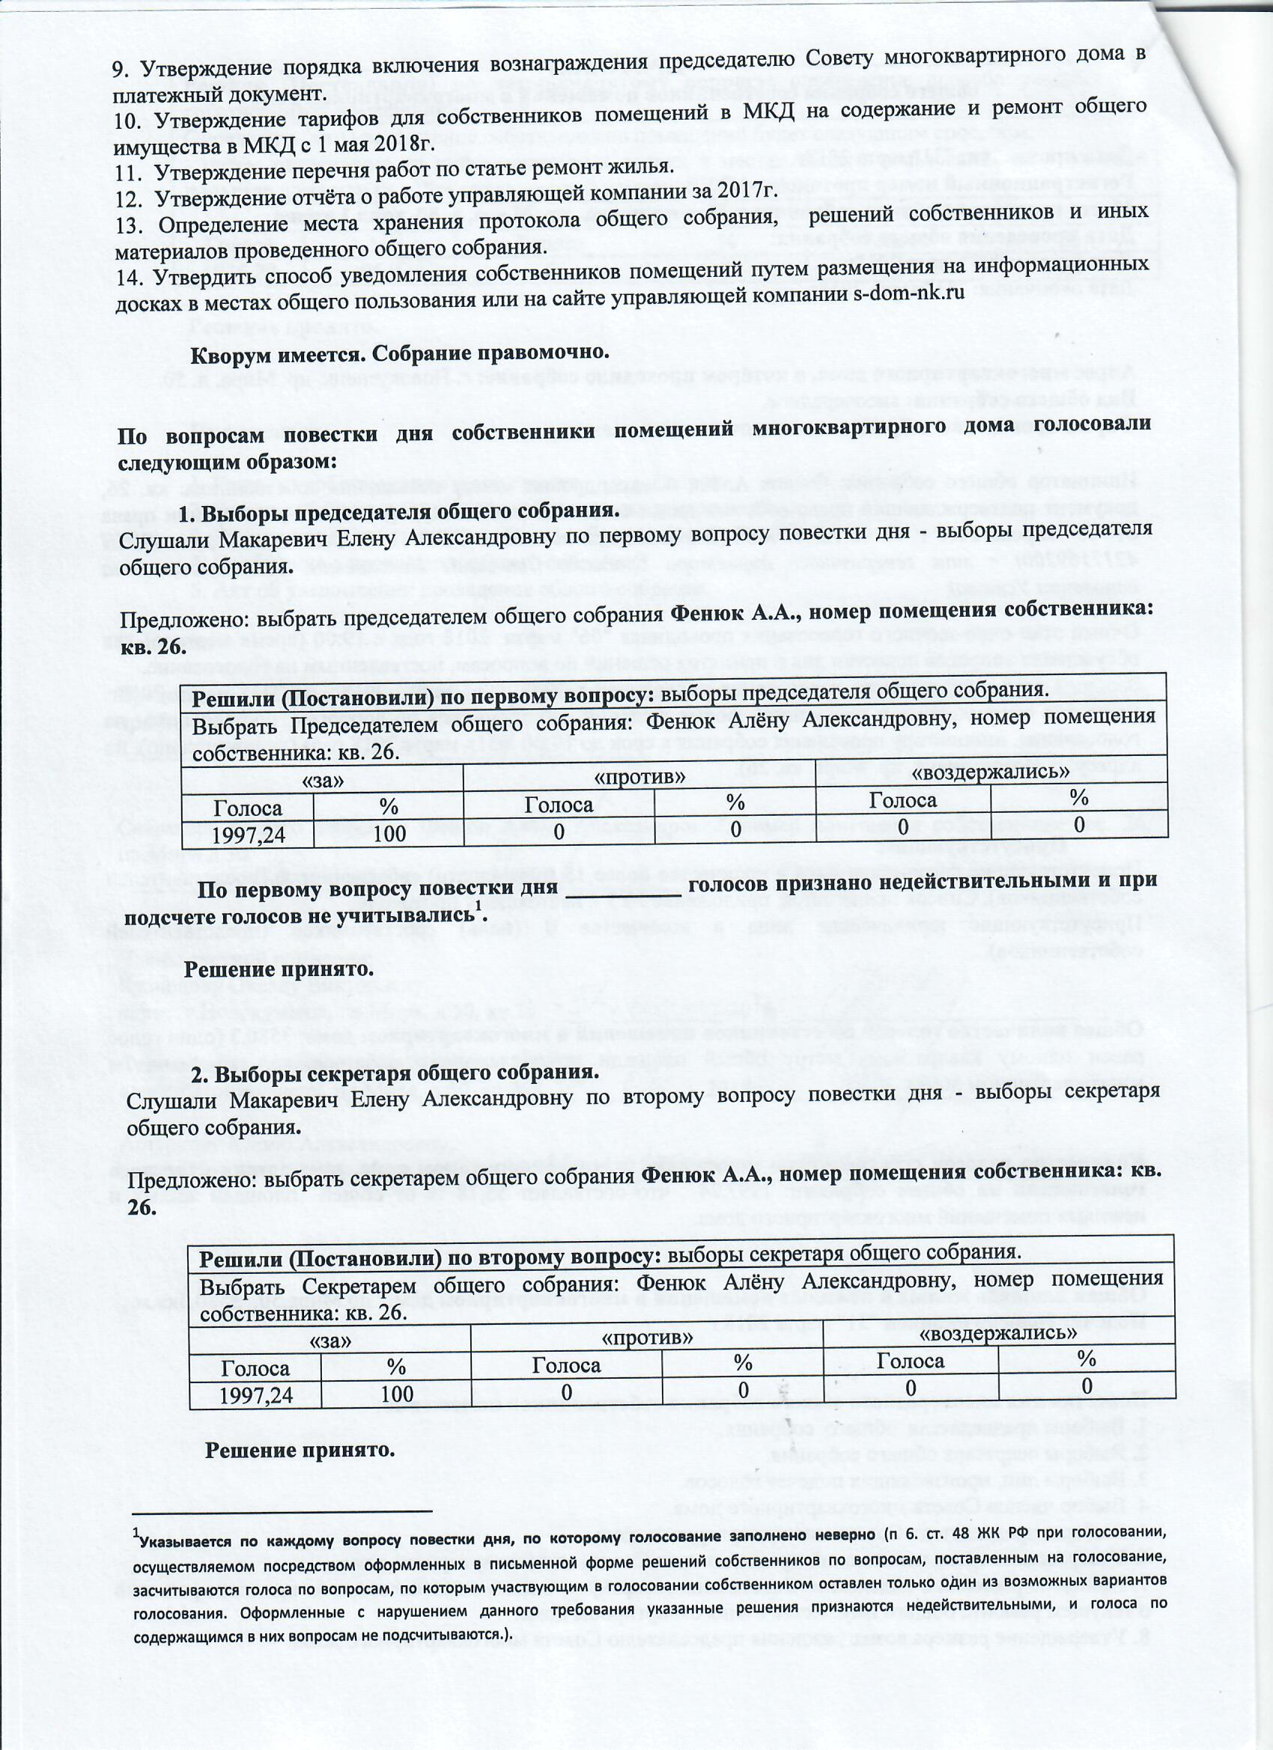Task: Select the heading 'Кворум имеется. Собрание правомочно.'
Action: tap(400, 354)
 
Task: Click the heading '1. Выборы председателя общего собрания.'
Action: tap(399, 511)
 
